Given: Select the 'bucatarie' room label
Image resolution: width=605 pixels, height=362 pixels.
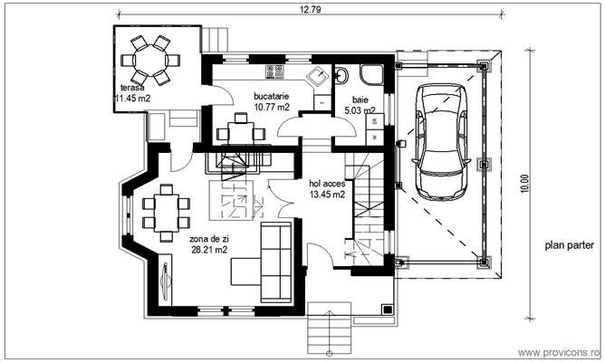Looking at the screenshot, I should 273,95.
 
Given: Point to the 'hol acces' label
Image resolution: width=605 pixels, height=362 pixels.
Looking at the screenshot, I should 327,182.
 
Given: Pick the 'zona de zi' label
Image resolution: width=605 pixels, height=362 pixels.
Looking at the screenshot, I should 208,239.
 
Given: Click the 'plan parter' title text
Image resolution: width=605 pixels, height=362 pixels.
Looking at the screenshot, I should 568,244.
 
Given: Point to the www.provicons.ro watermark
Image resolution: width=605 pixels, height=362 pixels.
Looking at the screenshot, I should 559,350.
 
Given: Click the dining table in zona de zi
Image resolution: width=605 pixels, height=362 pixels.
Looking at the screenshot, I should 166,211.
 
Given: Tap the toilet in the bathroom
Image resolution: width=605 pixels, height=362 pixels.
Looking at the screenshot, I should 344,76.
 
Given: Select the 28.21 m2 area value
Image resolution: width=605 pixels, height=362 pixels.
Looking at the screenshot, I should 208,251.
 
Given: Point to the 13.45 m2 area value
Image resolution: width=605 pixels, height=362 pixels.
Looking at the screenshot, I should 327,194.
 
